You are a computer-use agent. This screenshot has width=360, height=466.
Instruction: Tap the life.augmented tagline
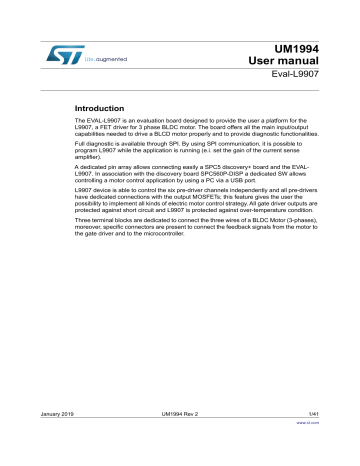[104, 70]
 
